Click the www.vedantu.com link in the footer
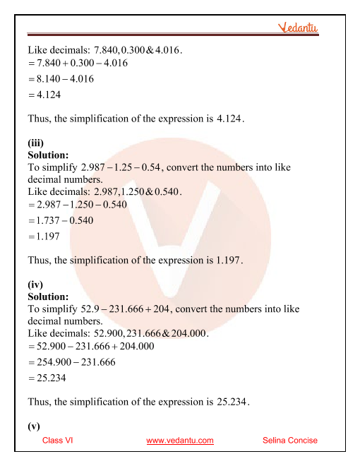180,440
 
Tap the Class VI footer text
58,440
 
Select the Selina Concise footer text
289,440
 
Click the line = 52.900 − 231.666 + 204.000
93,347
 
